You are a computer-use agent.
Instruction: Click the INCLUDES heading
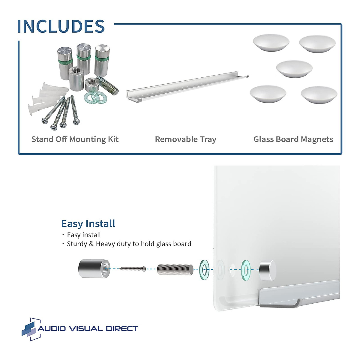tap(61, 26)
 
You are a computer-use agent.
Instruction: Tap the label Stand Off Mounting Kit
tap(75, 139)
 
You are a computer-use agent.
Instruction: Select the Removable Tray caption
tap(185, 139)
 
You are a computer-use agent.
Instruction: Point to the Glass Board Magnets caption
tap(293, 139)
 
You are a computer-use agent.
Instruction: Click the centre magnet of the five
tap(294, 69)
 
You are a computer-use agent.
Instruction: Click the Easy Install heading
tap(88, 224)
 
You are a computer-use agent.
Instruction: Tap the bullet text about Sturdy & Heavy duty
tap(129, 244)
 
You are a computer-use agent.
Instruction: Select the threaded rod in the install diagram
tap(175, 269)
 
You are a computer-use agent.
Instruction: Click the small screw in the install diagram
tap(133, 268)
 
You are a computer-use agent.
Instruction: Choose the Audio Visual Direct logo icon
tap(31, 329)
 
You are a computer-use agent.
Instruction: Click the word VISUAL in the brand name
tap(85, 329)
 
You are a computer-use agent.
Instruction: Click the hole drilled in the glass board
tap(232, 269)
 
